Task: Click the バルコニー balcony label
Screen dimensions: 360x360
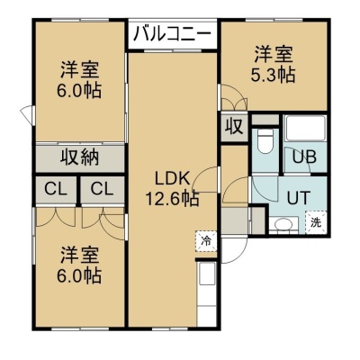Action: point(173,34)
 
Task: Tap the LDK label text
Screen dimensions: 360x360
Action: point(172,179)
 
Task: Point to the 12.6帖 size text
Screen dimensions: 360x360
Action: point(172,198)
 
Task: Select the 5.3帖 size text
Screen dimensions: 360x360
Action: point(273,74)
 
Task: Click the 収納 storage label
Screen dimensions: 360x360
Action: point(80,157)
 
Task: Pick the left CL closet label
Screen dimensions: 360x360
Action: point(56,189)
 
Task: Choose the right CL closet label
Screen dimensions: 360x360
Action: point(102,189)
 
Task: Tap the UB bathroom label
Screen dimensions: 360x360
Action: point(304,157)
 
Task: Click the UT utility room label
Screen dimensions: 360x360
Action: point(298,198)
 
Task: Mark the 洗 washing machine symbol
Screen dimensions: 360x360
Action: point(316,221)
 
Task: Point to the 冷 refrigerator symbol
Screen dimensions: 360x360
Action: point(206,240)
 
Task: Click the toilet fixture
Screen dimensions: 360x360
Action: point(265,140)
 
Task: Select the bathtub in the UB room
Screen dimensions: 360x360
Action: point(305,128)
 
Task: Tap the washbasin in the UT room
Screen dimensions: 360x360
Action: point(283,225)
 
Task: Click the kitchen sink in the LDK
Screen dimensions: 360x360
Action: point(206,274)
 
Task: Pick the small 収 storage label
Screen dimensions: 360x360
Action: point(234,127)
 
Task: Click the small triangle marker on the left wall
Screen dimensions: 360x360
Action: point(27,114)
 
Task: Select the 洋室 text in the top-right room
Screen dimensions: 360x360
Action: point(274,55)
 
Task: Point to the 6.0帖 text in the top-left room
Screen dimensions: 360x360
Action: point(79,90)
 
